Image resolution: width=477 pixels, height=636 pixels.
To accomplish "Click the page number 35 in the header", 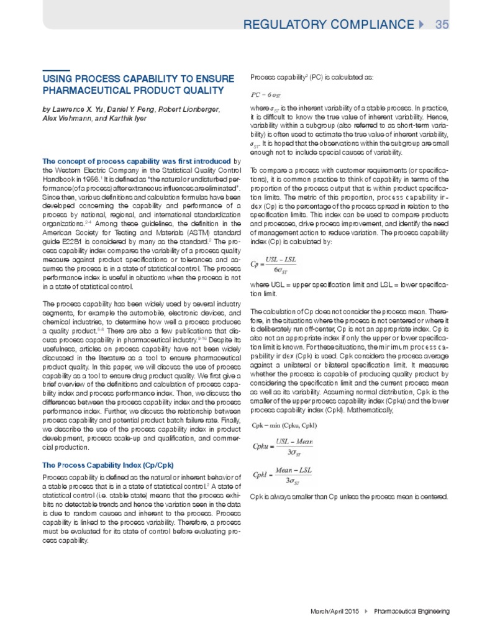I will [x=442, y=24].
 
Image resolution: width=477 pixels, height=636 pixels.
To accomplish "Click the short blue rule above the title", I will [x=55, y=69].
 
